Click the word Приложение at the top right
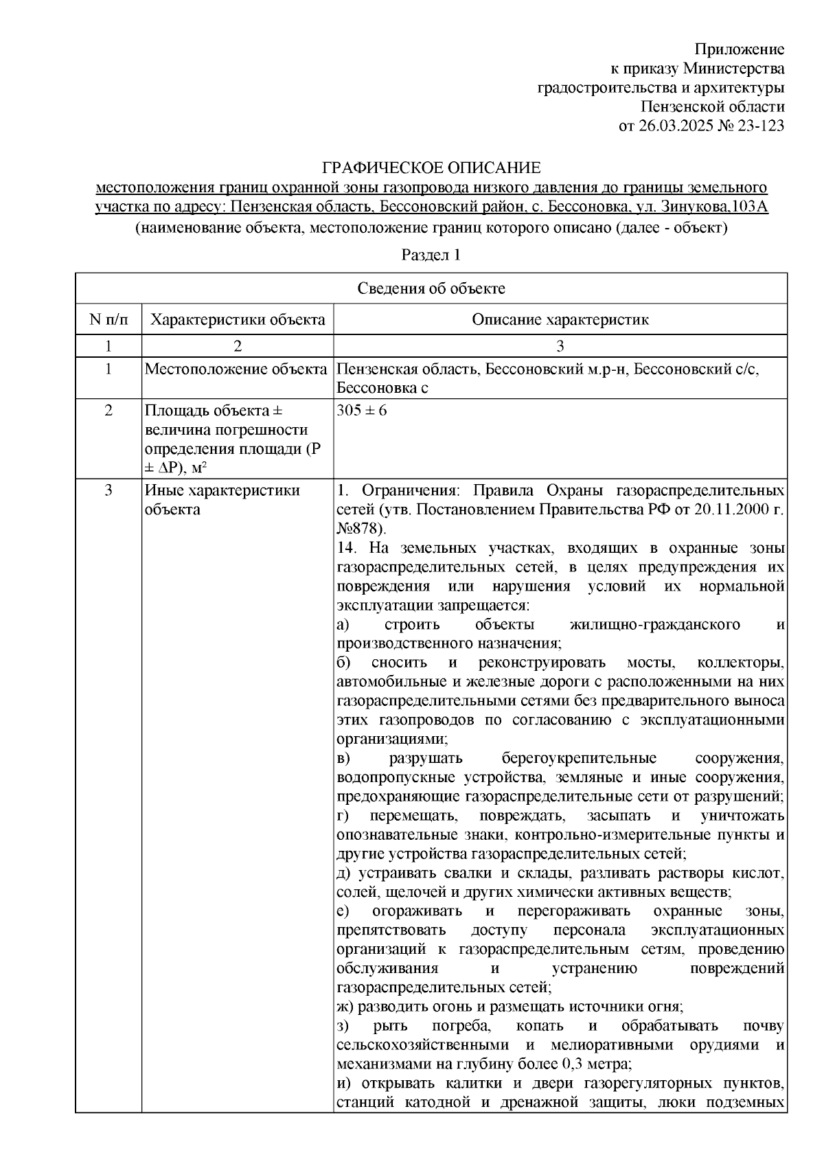[739, 49]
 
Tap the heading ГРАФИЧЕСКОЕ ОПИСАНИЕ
[431, 168]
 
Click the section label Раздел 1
[431, 255]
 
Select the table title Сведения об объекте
[431, 288]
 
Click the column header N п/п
[108, 319]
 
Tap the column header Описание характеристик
[560, 319]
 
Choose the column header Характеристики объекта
[238, 319]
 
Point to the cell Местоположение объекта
[236, 370]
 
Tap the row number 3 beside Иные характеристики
[108, 491]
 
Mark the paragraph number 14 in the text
[347, 548]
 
